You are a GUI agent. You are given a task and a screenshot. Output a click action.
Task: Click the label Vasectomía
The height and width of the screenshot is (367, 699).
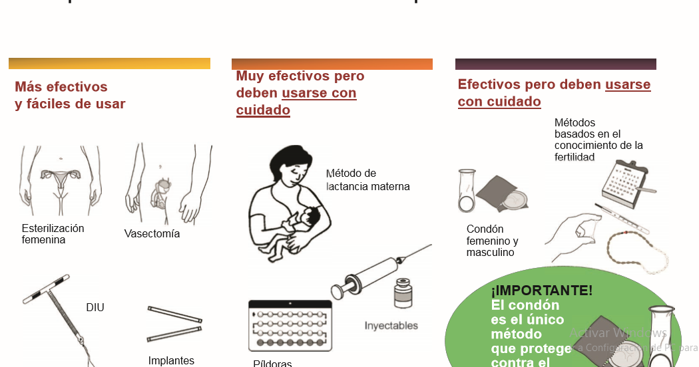[152, 234]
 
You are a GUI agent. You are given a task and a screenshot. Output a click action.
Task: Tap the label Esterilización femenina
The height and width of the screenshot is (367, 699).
[53, 234]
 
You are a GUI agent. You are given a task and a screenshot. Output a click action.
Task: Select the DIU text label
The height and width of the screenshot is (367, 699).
[95, 307]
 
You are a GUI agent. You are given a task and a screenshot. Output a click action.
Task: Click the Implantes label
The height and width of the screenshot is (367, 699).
[171, 360]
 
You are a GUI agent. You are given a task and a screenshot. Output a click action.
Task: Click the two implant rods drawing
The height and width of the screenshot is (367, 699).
[174, 323]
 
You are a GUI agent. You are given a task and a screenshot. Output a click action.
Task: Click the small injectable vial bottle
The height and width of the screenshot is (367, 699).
[403, 293]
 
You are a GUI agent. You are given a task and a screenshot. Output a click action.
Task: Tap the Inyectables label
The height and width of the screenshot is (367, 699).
[391, 326]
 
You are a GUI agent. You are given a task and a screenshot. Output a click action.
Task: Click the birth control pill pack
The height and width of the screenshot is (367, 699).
[290, 325]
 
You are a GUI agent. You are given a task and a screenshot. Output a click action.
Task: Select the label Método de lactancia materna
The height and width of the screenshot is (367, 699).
[367, 180]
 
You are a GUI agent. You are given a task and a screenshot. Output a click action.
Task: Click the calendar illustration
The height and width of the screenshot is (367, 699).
[626, 180]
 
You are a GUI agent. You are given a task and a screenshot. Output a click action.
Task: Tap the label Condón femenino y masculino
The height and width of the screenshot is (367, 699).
[492, 241]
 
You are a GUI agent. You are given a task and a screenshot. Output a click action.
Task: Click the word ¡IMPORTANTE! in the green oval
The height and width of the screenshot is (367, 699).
[541, 291]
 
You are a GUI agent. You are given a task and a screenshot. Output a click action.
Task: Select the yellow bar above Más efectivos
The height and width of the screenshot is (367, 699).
[109, 64]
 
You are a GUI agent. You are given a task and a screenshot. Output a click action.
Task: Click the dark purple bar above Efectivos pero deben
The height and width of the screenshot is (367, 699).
[555, 64]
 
